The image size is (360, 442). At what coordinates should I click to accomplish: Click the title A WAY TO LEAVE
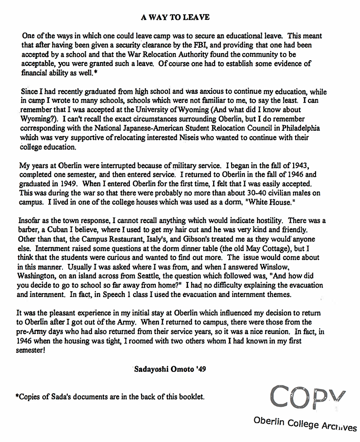tap(175, 18)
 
